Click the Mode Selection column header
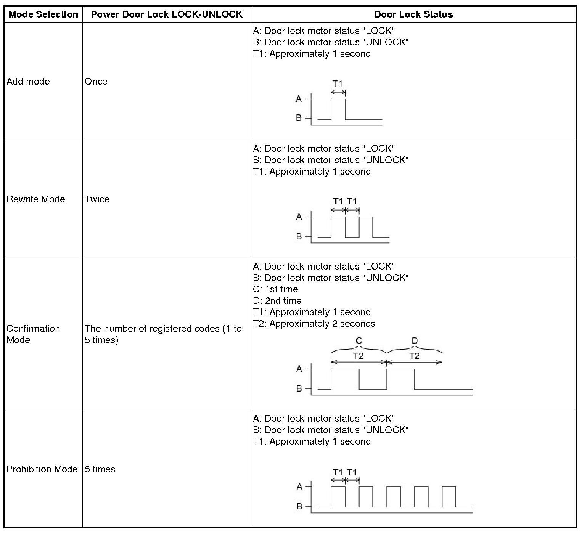(43, 14)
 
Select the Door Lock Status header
(413, 14)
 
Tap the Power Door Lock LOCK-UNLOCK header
(167, 14)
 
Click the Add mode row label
(28, 82)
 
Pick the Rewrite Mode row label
(36, 199)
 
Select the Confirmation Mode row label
(33, 334)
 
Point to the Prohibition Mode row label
(42, 469)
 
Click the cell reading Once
(96, 82)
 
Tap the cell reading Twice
(97, 199)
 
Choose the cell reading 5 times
(100, 469)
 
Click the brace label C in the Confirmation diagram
(359, 341)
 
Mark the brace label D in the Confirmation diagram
(415, 341)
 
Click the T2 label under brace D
(414, 356)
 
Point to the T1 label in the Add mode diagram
(338, 83)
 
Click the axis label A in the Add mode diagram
(299, 99)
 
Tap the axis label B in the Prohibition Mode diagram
(299, 506)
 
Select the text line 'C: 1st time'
(275, 289)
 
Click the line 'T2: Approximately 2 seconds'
(314, 324)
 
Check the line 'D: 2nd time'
(277, 301)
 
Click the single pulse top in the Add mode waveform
(338, 99)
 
